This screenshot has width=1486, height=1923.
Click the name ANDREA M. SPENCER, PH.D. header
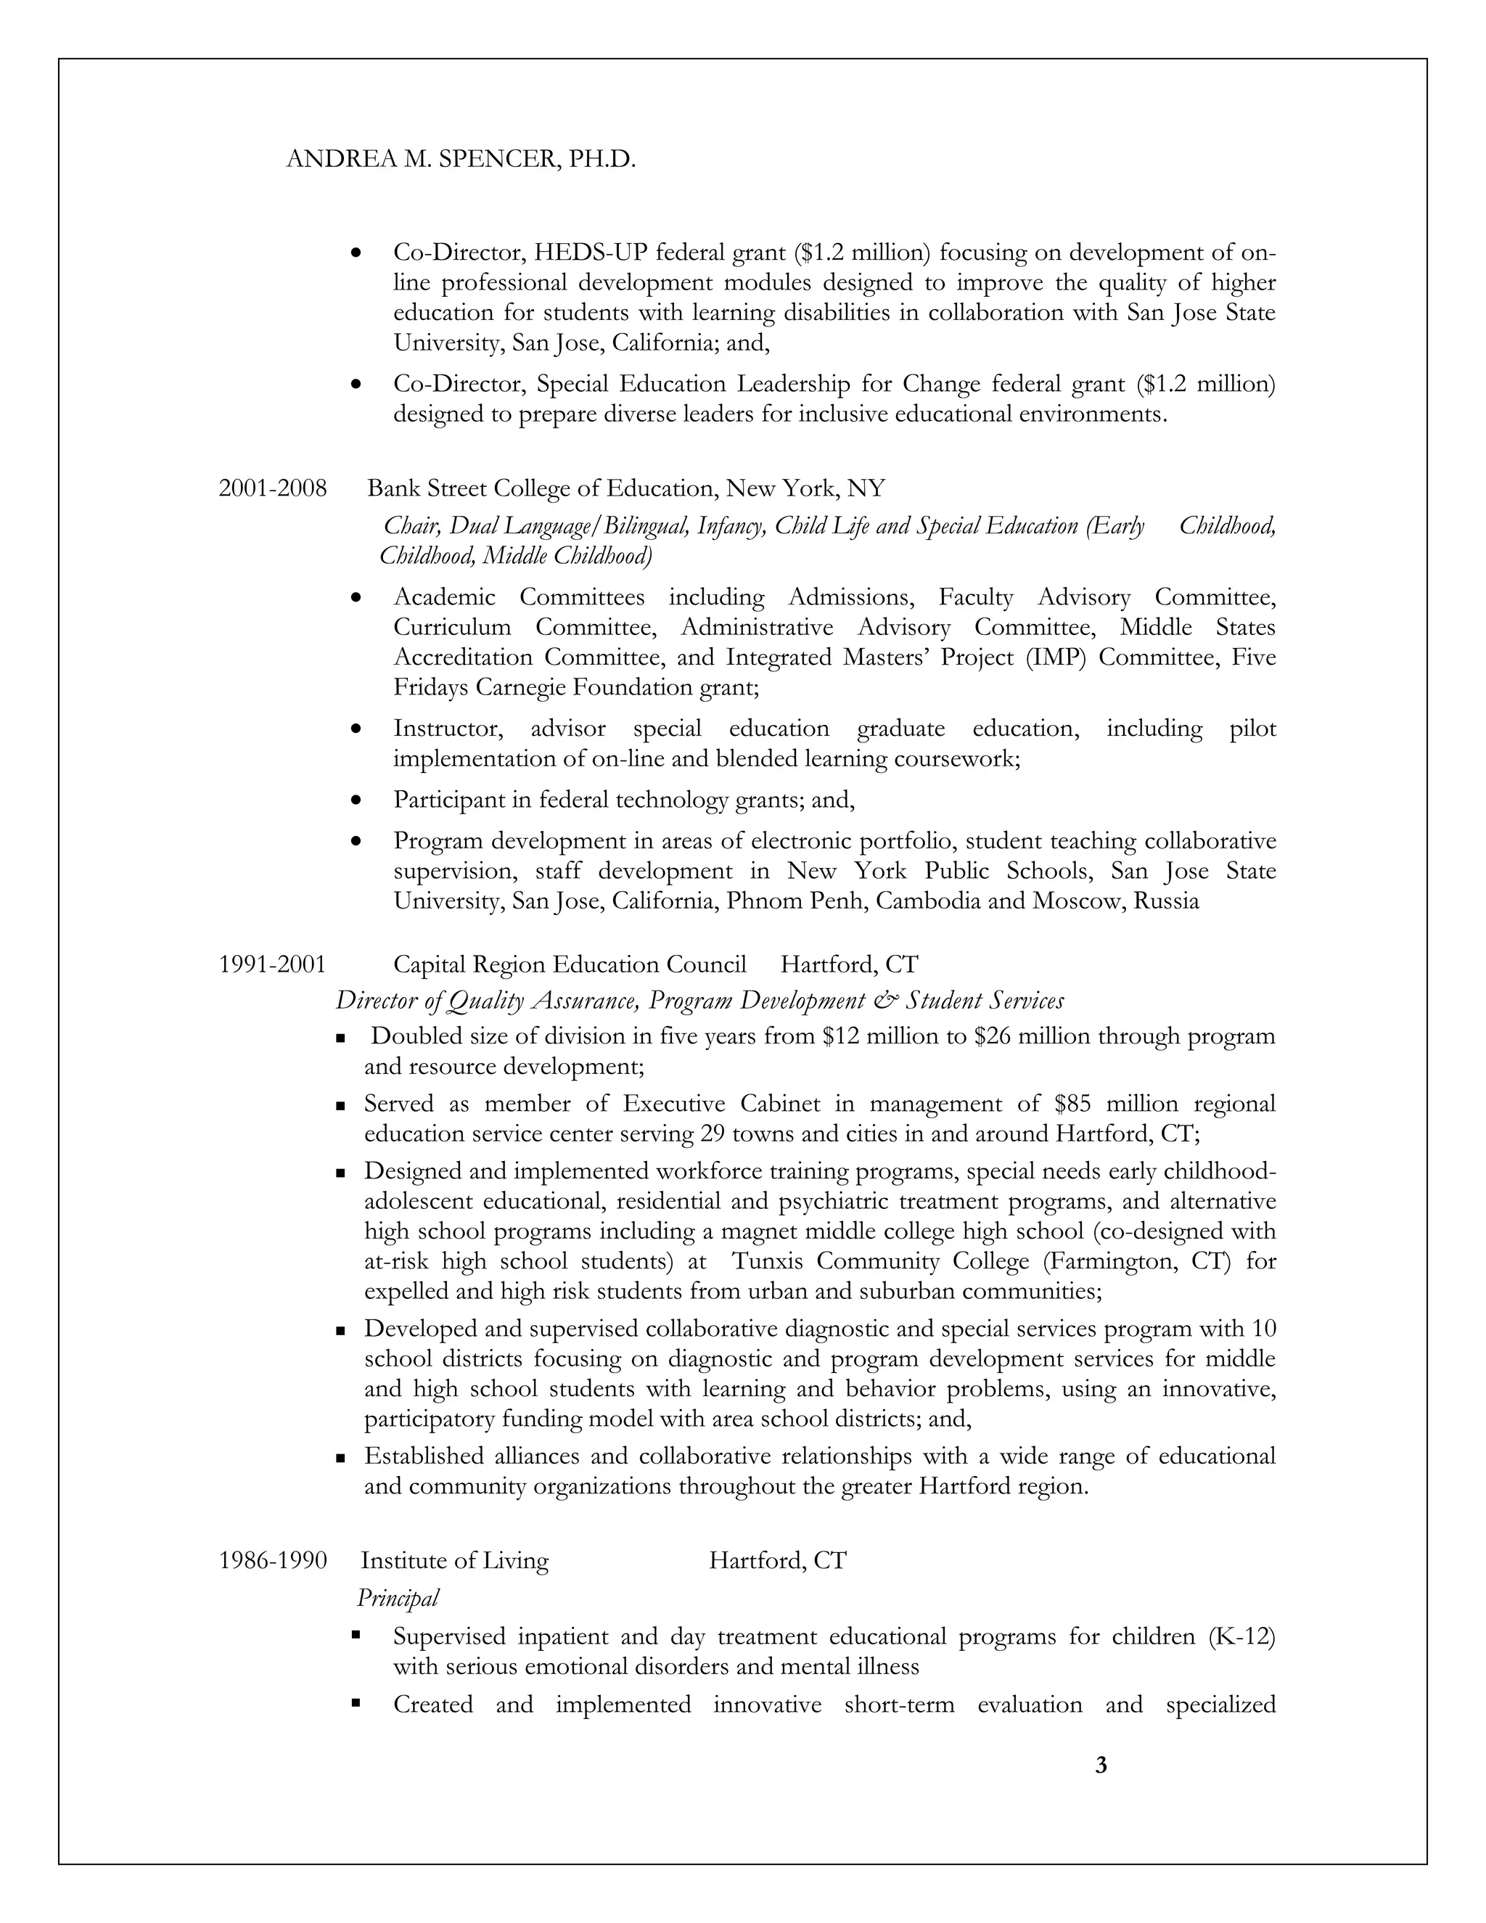[461, 160]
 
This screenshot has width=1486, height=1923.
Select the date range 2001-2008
[272, 488]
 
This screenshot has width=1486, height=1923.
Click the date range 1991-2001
[272, 964]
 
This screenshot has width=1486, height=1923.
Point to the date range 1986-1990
[272, 1560]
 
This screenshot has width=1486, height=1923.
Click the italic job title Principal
[397, 1597]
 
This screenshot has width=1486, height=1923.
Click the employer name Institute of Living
[454, 1560]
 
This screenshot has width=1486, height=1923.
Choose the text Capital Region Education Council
[570, 964]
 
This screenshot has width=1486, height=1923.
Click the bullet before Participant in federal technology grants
[356, 800]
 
